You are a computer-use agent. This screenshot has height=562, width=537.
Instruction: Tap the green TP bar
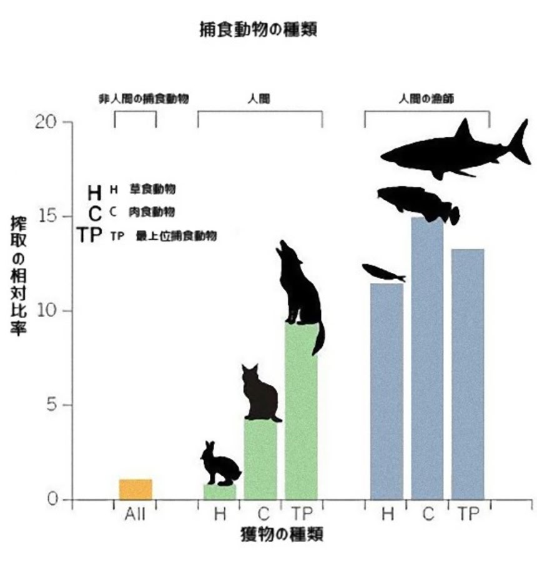pos(301,412)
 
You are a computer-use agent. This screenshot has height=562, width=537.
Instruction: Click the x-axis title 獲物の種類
pos(281,535)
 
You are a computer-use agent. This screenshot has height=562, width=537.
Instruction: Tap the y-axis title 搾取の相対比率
pos(18,275)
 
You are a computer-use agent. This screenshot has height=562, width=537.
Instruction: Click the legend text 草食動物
pos(152,188)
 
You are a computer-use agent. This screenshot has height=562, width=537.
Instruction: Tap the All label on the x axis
pos(135,515)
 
